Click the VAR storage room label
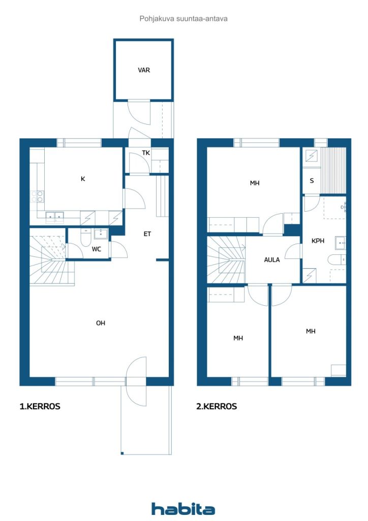[x=144, y=70]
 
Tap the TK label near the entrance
[x=146, y=153]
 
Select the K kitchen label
[x=83, y=179]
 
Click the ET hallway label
[x=147, y=234]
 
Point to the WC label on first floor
[x=97, y=249]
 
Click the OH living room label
[x=101, y=323]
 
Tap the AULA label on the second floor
[x=272, y=260]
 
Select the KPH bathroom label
[x=318, y=241]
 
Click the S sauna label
[x=312, y=181]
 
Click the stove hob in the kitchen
[x=37, y=196]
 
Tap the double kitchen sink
[x=54, y=216]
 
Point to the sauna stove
[x=312, y=155]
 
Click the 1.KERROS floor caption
[x=40, y=407]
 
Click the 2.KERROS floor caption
[x=217, y=407]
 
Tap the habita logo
[x=183, y=508]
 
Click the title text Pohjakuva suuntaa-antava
[x=183, y=19]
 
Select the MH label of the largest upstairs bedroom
[x=255, y=183]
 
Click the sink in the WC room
[x=101, y=234]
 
